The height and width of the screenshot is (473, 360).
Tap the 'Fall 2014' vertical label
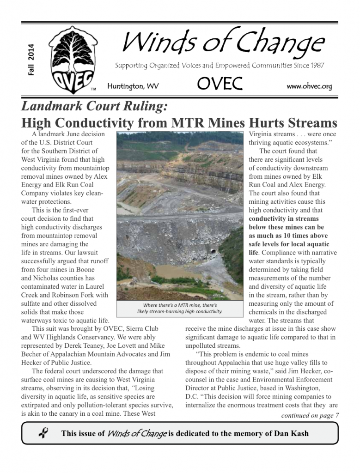point(31,60)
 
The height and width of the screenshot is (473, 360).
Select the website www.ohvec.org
point(309,86)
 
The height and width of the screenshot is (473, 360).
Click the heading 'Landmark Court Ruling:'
point(94,107)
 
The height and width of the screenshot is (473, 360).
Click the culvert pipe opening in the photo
point(213,251)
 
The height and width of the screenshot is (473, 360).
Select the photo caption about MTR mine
point(180,308)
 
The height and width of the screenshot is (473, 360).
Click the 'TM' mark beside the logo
point(93,89)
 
